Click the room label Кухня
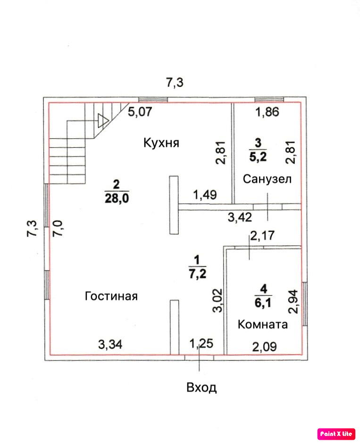pyautogui.click(x=161, y=143)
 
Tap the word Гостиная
pyautogui.click(x=111, y=296)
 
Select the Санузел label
pyautogui.click(x=267, y=179)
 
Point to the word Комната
pyautogui.click(x=263, y=325)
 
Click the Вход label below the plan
pyautogui.click(x=201, y=388)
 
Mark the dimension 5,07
pyautogui.click(x=141, y=112)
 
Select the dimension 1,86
pyautogui.click(x=268, y=112)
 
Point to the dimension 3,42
pyautogui.click(x=240, y=217)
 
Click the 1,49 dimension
pyautogui.click(x=204, y=194)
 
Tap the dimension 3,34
pyautogui.click(x=110, y=345)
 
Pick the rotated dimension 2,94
pyautogui.click(x=293, y=301)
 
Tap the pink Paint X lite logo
pyautogui.click(x=336, y=433)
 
